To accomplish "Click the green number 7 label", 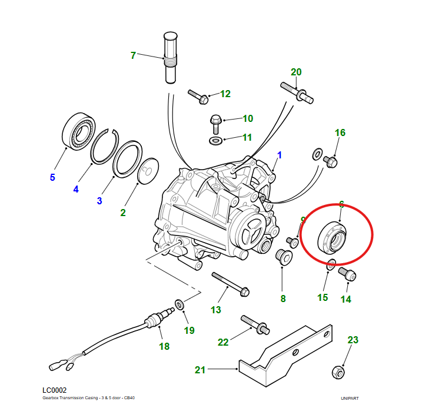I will pos(133,56).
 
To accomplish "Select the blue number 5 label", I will pos(52,177).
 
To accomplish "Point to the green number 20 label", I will pos(296,72).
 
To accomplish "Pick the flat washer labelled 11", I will pos(216,141).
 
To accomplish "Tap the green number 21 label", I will pos(201,370).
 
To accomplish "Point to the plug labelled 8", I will pos(283,257).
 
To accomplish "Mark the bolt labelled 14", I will pos(347,274).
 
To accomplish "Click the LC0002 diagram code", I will pos(55,390).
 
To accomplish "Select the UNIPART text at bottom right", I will pos(350,398).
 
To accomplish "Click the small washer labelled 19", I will pos(180,304).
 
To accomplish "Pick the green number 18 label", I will pos(164,346).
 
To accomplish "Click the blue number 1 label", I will pos(280,155).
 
